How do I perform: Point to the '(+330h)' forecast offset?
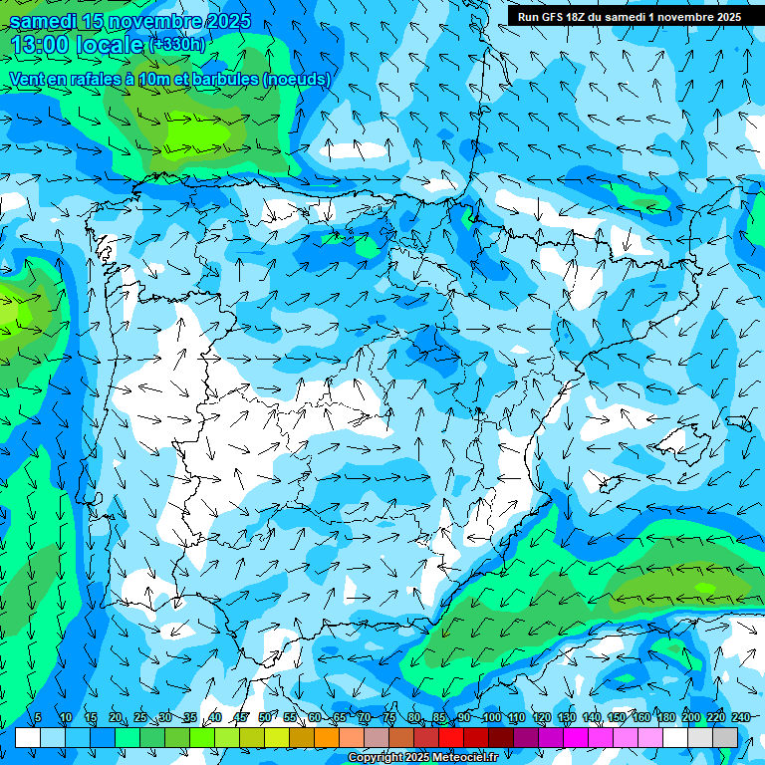(177, 44)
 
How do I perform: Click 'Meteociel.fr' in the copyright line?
(465, 758)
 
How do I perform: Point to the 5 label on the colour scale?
(38, 718)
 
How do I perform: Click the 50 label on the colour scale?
(264, 718)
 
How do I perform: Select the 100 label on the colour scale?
(491, 718)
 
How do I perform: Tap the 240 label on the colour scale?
(740, 718)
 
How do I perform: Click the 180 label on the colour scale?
(665, 718)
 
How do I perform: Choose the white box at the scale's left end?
(28, 737)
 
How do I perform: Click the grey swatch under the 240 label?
(725, 737)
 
